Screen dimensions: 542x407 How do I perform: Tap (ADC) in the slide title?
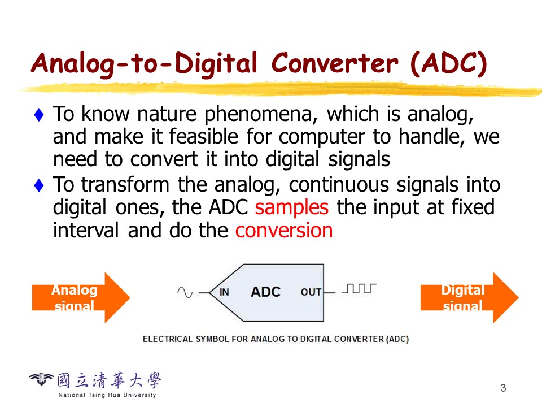click(x=449, y=64)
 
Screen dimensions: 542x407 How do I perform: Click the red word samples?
click(x=292, y=207)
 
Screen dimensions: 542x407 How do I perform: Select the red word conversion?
click(x=284, y=230)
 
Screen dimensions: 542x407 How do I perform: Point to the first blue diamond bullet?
click(x=39, y=115)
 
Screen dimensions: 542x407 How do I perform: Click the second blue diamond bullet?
click(x=39, y=185)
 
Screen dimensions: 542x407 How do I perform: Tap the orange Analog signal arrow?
click(x=81, y=298)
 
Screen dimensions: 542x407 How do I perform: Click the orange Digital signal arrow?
click(x=469, y=298)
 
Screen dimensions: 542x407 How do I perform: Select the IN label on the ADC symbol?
click(x=224, y=292)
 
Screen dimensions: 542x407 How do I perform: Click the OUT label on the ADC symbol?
click(x=311, y=292)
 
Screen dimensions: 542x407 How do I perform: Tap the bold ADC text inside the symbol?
click(x=265, y=292)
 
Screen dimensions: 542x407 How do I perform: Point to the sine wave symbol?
click(x=185, y=292)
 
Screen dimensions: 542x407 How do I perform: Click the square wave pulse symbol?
click(x=359, y=288)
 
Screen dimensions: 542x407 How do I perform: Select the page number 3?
click(x=503, y=388)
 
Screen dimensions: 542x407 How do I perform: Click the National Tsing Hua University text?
click(x=107, y=395)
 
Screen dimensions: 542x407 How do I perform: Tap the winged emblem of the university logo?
click(x=41, y=379)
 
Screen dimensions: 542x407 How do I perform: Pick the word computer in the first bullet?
click(x=322, y=137)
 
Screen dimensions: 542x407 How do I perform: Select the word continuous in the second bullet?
click(x=339, y=185)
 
